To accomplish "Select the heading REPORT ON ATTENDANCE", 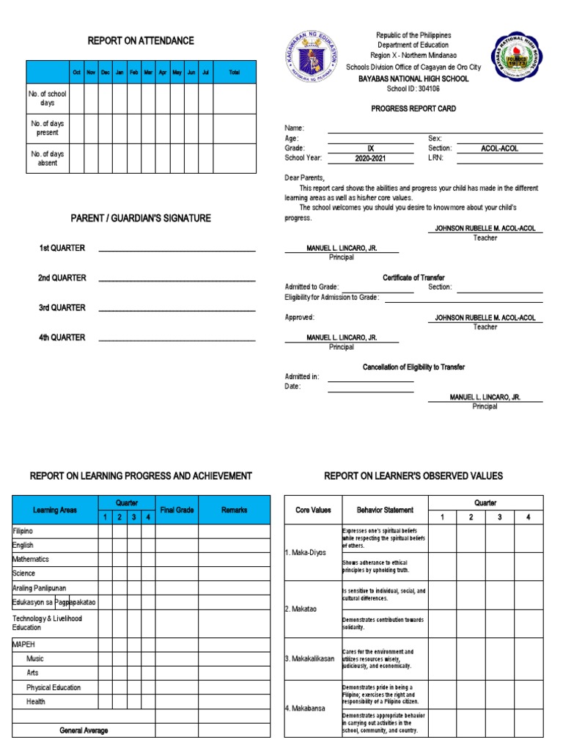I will click(x=141, y=40).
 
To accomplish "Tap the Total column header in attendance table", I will click(x=234, y=73).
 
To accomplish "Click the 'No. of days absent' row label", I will click(x=48, y=158).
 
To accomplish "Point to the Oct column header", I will click(x=76, y=73).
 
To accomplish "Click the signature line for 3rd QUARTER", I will click(x=177, y=309).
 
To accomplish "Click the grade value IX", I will click(x=370, y=148).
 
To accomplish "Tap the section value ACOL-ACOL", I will click(x=499, y=148).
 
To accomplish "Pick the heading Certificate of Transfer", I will click(x=413, y=277).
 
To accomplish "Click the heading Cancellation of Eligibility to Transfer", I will click(x=413, y=367).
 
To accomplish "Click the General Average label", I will click(x=84, y=730).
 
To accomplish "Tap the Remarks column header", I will click(x=234, y=510).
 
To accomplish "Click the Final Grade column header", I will click(x=176, y=510).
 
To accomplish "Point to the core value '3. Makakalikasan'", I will click(x=309, y=659).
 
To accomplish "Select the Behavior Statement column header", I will click(x=384, y=510).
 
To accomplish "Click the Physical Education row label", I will click(x=54, y=687).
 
